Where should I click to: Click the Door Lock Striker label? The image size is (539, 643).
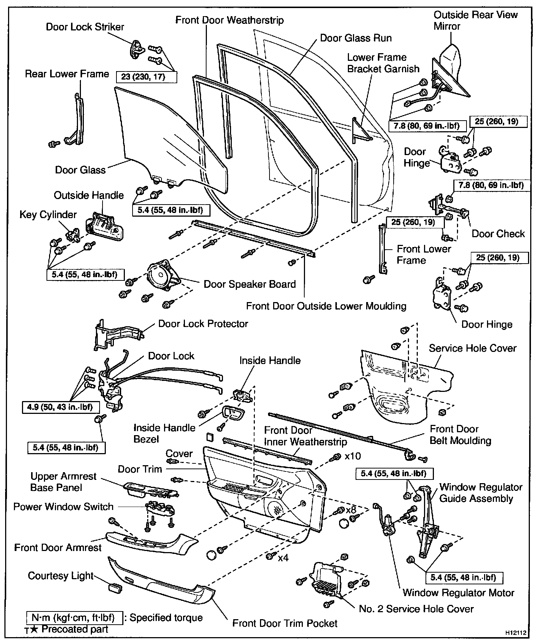tap(85, 27)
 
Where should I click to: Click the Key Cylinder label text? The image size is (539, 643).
tap(48, 214)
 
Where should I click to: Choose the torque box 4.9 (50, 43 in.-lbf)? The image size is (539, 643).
tap(60, 407)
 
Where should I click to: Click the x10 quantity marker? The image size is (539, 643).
tap(353, 456)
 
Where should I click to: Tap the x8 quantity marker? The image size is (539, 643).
tap(351, 510)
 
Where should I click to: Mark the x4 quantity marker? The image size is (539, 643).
tap(283, 558)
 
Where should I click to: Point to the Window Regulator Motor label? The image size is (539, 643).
tap(458, 593)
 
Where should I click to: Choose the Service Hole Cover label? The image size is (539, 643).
tap(472, 348)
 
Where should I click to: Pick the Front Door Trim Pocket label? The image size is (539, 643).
tap(285, 623)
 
